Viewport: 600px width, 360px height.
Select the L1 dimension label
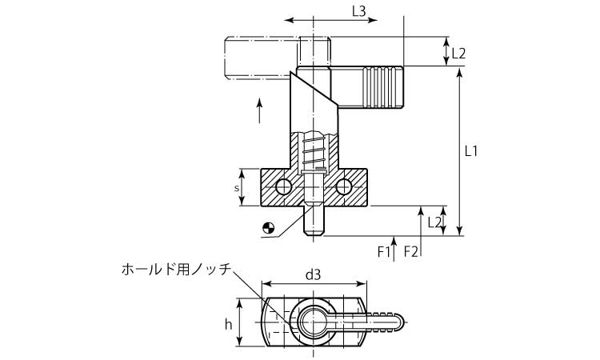[x=471, y=150]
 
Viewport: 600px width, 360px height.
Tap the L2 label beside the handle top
[x=458, y=54]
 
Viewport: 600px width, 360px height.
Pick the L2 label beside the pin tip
[x=435, y=222]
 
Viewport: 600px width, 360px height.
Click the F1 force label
[x=385, y=251]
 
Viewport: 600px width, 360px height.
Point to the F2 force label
[x=411, y=251]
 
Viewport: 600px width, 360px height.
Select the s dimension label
[x=237, y=188]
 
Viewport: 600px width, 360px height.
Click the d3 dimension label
[x=314, y=274]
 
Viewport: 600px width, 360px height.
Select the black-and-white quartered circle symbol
[x=268, y=228]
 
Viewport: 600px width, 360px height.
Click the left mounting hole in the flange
[x=282, y=187]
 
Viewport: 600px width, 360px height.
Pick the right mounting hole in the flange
[x=344, y=187]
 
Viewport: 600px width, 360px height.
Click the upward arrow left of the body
[x=260, y=109]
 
